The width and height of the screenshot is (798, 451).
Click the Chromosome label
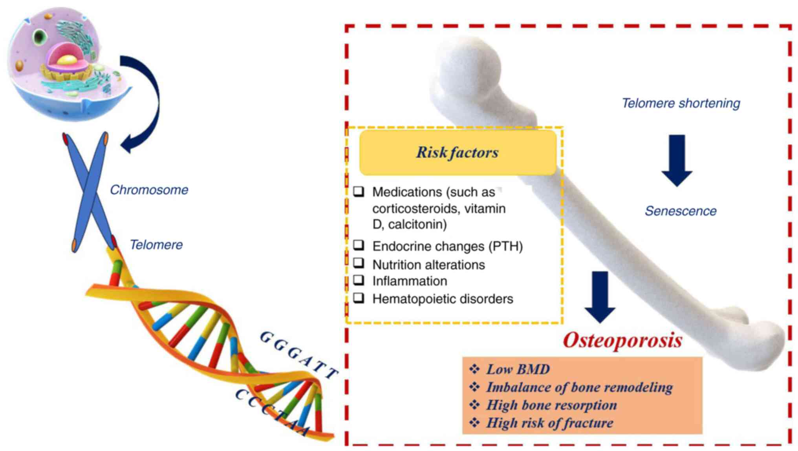(x=149, y=190)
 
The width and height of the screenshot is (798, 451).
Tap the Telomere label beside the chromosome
(x=156, y=245)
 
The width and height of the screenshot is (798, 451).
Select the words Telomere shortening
(x=681, y=103)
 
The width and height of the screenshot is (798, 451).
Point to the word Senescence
(x=681, y=211)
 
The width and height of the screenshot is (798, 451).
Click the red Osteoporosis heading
(x=622, y=340)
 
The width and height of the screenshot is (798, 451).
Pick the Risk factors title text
(x=457, y=152)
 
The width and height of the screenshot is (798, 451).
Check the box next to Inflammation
(x=359, y=280)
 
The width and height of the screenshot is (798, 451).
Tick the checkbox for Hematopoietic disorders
(x=359, y=298)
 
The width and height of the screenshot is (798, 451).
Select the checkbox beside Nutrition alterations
(x=359, y=263)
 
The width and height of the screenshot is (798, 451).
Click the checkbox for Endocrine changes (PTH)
(x=359, y=245)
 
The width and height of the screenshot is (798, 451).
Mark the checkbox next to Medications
(x=359, y=191)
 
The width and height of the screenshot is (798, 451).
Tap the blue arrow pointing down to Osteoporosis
(x=600, y=296)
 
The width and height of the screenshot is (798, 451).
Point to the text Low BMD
(x=518, y=369)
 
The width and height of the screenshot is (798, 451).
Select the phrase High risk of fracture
(x=549, y=423)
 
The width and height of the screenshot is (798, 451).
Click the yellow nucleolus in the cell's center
(x=67, y=60)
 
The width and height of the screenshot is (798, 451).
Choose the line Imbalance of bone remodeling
(x=579, y=387)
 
